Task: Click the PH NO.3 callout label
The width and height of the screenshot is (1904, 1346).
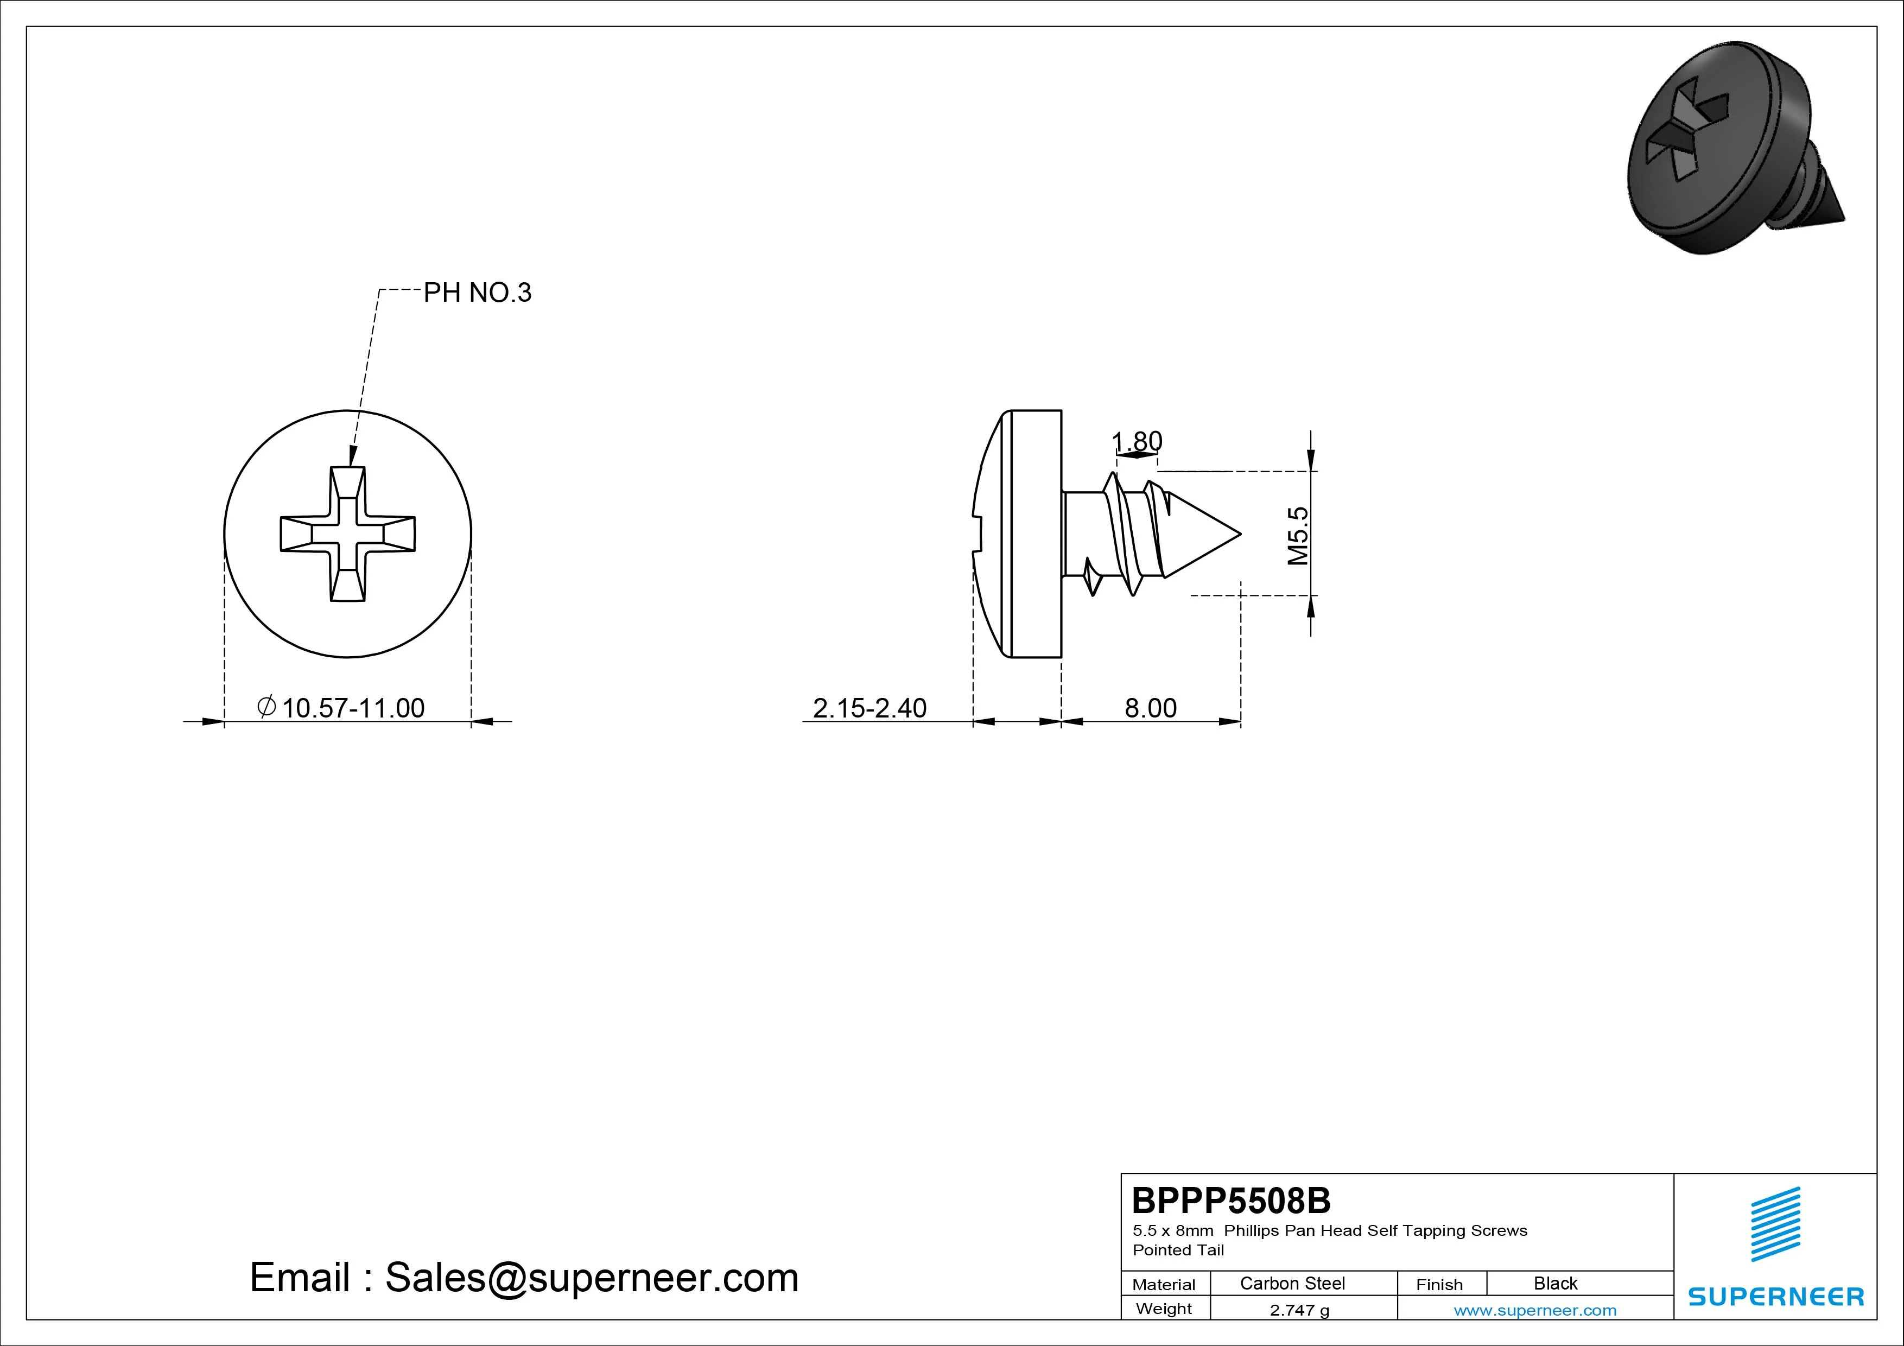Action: point(477,293)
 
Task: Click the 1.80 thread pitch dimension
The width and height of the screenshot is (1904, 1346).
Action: point(1137,441)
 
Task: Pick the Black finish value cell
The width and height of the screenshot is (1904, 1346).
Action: point(1555,1283)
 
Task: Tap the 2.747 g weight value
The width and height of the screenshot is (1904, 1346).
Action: point(1299,1310)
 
